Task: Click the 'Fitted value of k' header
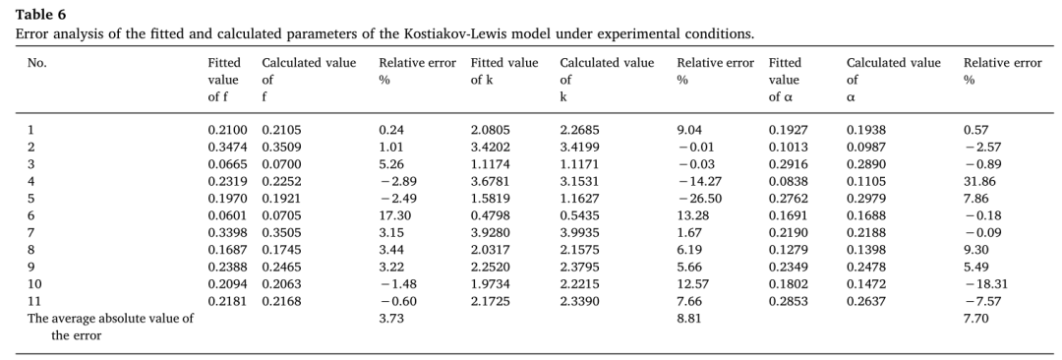[504, 71]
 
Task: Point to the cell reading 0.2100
[223, 130]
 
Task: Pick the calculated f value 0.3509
[277, 148]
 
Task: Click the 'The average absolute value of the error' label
[110, 327]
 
